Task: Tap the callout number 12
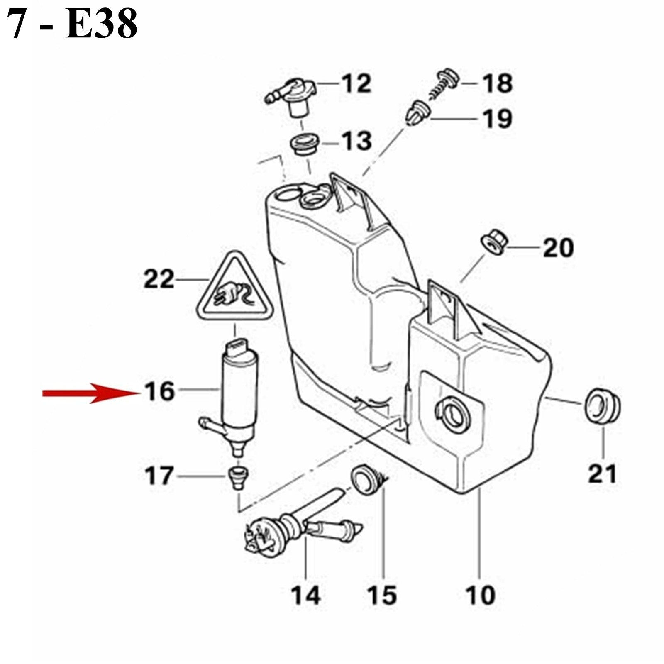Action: click(356, 83)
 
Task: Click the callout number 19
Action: click(497, 119)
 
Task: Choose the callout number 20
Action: click(558, 248)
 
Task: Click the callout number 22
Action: click(159, 279)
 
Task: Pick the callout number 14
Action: click(306, 595)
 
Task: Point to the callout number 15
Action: click(382, 595)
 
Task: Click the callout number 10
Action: click(481, 595)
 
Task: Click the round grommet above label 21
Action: click(603, 406)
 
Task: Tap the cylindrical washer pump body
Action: click(240, 394)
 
